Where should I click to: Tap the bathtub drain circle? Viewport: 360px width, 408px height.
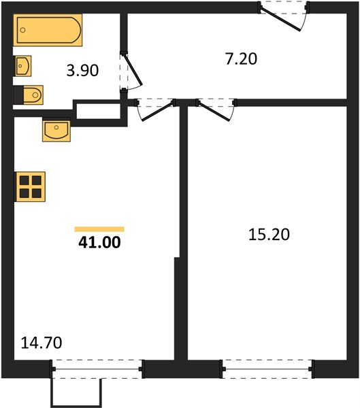(x=22, y=30)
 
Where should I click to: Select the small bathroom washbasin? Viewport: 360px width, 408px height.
(x=22, y=66)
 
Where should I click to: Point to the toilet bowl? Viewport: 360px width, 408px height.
(x=33, y=95)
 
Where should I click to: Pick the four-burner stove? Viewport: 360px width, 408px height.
(x=30, y=187)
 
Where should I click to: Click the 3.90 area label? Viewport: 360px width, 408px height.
(x=82, y=71)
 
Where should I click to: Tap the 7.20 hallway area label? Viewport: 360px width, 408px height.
(x=241, y=58)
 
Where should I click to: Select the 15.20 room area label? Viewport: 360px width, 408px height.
(x=269, y=234)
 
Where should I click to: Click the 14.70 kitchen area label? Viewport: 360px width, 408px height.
(x=41, y=343)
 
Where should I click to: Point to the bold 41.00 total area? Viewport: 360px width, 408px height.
(x=99, y=242)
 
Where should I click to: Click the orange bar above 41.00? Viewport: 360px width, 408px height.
(x=99, y=229)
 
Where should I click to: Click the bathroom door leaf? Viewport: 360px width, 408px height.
(x=133, y=70)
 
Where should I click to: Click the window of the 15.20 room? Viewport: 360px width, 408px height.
(x=267, y=369)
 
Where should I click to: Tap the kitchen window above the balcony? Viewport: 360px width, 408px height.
(x=97, y=369)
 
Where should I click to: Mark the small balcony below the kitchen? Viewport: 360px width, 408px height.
(x=76, y=392)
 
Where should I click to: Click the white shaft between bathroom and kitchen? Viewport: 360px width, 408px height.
(x=98, y=111)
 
